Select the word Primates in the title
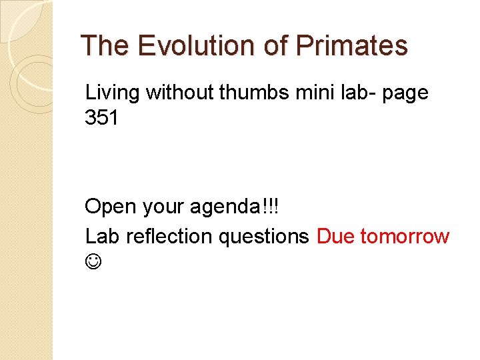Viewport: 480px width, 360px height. point(351,46)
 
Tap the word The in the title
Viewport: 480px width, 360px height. point(105,46)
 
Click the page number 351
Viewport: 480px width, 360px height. point(103,119)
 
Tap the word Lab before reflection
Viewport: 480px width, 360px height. point(102,236)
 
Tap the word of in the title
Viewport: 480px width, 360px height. point(273,46)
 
